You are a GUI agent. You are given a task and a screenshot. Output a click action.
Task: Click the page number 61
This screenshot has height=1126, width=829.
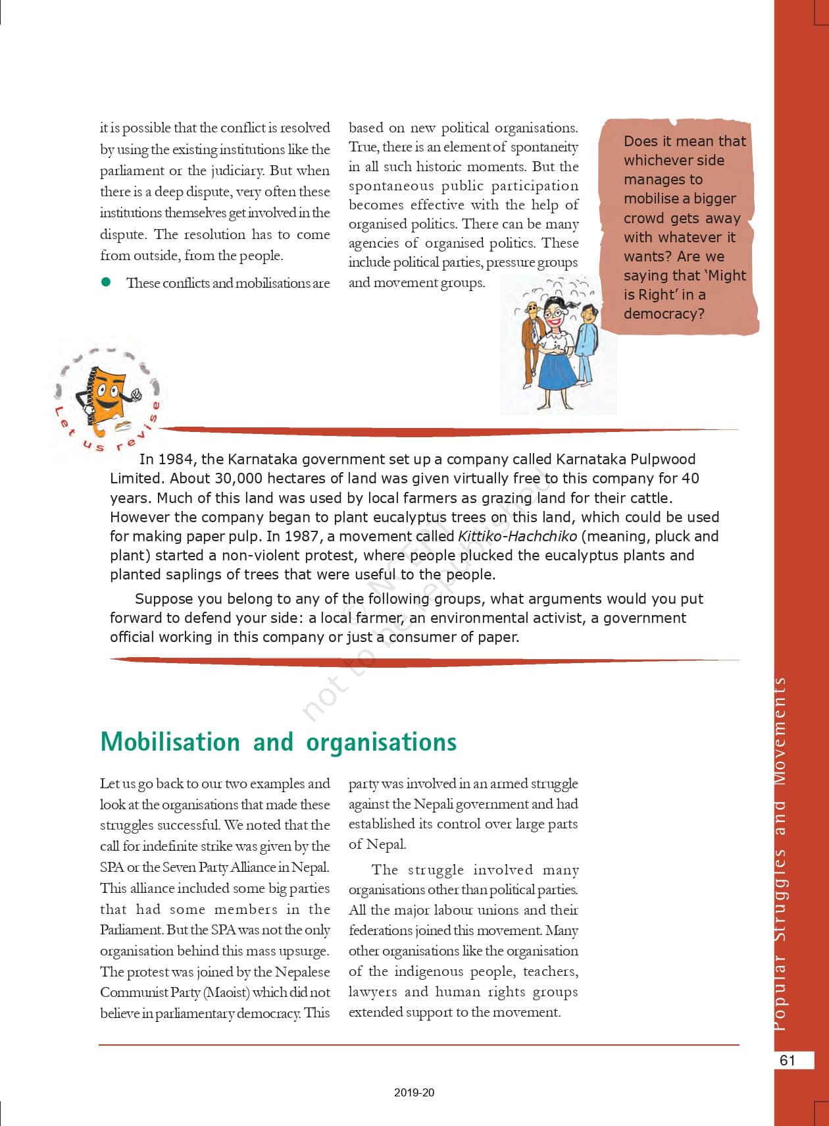tap(788, 1059)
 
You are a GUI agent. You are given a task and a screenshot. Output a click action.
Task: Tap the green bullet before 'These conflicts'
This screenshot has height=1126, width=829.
tap(106, 282)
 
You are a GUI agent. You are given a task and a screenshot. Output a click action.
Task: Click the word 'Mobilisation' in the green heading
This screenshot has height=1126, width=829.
tap(170, 741)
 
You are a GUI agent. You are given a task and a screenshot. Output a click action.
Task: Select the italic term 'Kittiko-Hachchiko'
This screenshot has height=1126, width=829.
tap(517, 536)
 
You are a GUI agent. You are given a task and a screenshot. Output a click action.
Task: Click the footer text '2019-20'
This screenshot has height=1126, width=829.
tap(414, 1092)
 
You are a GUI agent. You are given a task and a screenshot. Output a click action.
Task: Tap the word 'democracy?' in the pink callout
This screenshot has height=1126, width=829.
tap(664, 313)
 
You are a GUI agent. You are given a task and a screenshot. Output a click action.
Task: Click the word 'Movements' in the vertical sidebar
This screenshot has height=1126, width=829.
tap(780, 731)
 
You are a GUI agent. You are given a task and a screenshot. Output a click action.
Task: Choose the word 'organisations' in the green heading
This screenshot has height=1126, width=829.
tap(381, 741)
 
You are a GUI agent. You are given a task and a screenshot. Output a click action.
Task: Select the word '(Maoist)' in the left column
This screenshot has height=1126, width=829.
tap(226, 992)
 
